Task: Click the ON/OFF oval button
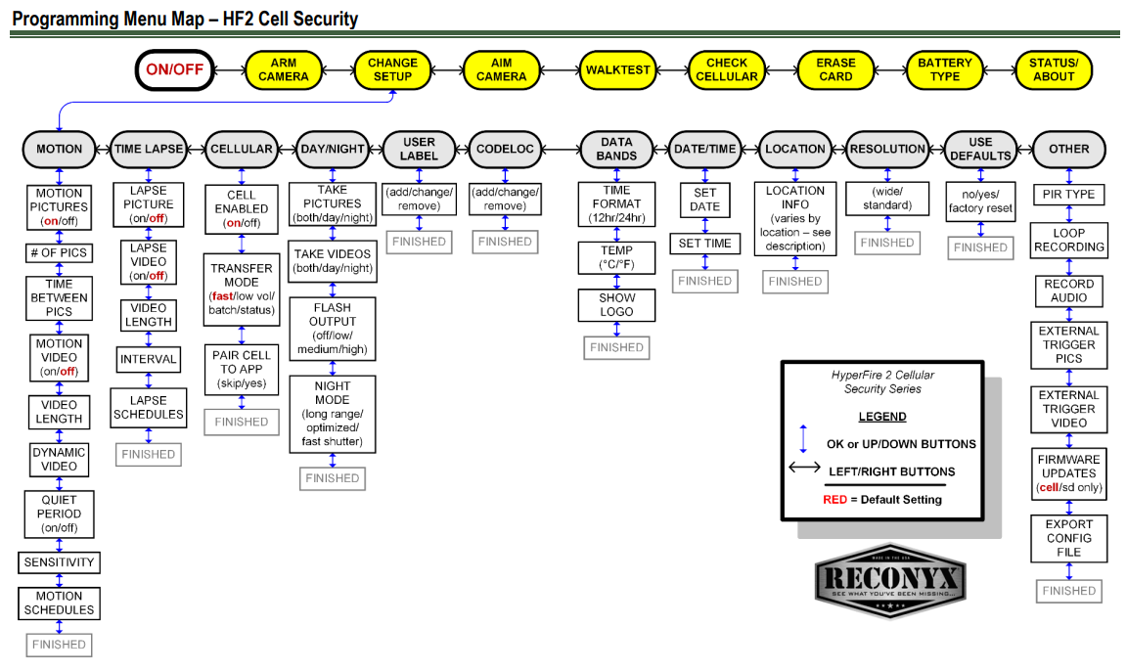[x=174, y=69]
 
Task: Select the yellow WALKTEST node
[x=617, y=69]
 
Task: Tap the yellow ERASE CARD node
[x=835, y=69]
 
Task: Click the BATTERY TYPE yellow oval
[x=944, y=69]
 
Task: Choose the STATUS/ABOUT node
[x=1054, y=69]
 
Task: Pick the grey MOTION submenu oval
[x=60, y=149]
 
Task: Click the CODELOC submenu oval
[x=505, y=149]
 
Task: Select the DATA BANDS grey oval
[x=616, y=149]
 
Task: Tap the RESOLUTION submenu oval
[x=887, y=149]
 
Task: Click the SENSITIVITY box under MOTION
[x=60, y=562]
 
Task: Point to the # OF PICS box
[x=60, y=253]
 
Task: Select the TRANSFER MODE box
[x=241, y=282]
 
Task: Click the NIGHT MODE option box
[x=333, y=414]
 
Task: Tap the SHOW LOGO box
[x=617, y=305]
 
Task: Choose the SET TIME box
[x=705, y=244]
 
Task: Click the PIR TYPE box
[x=1068, y=195]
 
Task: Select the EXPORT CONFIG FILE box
[x=1068, y=538]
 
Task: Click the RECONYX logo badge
[x=890, y=581]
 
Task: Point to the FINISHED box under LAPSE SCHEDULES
[x=149, y=454]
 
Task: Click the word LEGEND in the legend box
[x=882, y=417]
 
